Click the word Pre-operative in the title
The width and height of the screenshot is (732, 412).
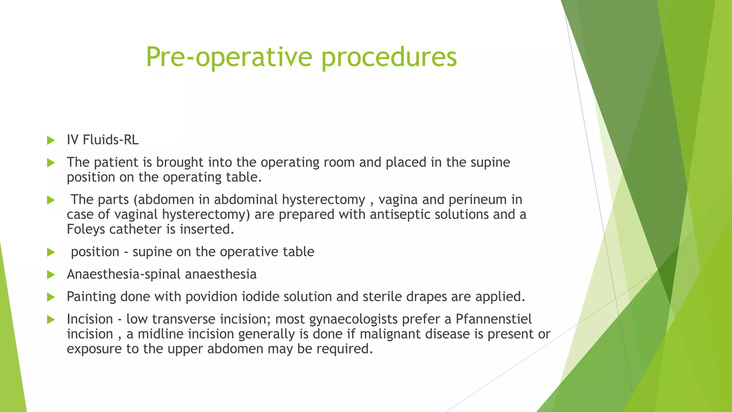pyautogui.click(x=229, y=57)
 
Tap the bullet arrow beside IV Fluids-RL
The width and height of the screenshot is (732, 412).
pyautogui.click(x=51, y=140)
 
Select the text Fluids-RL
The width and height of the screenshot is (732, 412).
pyautogui.click(x=110, y=140)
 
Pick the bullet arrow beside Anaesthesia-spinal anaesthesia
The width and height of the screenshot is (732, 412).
pyautogui.click(x=51, y=275)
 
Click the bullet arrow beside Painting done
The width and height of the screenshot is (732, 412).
pyautogui.click(x=51, y=297)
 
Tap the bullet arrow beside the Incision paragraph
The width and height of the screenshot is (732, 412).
pyautogui.click(x=51, y=319)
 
